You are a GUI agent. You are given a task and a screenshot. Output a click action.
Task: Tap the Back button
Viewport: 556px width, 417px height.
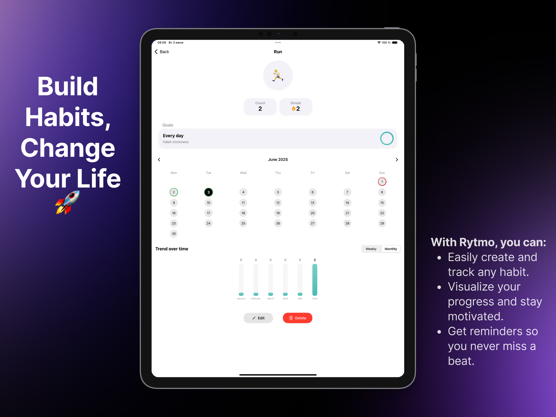pyautogui.click(x=162, y=52)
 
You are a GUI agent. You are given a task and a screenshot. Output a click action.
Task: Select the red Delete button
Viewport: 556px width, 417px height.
pyautogui.click(x=297, y=318)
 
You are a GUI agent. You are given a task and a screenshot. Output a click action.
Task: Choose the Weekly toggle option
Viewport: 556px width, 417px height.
pyautogui.click(x=371, y=249)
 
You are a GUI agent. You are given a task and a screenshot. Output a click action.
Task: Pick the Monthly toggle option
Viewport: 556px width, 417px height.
pyautogui.click(x=391, y=249)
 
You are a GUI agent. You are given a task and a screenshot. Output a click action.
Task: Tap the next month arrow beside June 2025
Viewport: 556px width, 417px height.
pyautogui.click(x=397, y=160)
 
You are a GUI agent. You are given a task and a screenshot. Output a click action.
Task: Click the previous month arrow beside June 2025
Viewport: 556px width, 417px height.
pyautogui.click(x=159, y=160)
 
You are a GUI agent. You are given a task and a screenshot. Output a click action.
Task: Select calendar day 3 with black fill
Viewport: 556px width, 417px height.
pyautogui.click(x=208, y=192)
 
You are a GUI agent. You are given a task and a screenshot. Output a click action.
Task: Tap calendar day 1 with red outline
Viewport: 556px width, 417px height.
pyautogui.click(x=382, y=182)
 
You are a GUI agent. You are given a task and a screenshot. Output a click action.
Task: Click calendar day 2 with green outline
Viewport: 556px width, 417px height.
pyautogui.click(x=174, y=192)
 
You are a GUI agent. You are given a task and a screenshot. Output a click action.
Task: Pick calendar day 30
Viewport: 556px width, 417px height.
pyautogui.click(x=174, y=234)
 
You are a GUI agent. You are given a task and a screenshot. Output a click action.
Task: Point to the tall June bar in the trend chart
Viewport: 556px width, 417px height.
pyautogui.click(x=315, y=280)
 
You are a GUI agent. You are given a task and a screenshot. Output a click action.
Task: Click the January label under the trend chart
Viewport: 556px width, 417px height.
pyautogui.click(x=241, y=298)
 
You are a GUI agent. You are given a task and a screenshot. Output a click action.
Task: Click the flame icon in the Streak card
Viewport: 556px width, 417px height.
pyautogui.click(x=293, y=109)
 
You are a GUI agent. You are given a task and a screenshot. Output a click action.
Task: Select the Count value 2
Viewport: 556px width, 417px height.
pyautogui.click(x=260, y=109)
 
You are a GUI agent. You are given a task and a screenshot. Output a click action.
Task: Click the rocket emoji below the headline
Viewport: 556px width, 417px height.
pyautogui.click(x=67, y=202)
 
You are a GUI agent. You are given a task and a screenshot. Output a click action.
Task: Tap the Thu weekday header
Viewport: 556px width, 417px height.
pyautogui.click(x=278, y=173)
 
